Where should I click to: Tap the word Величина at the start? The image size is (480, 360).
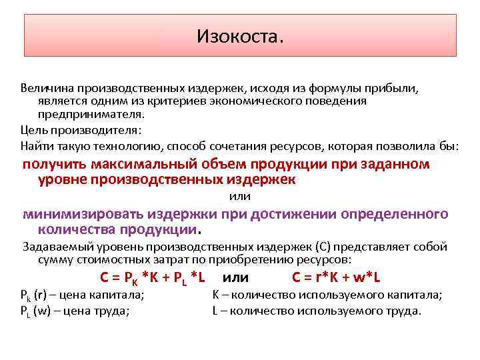click(x=45, y=88)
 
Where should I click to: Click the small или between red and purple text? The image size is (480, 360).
click(x=239, y=197)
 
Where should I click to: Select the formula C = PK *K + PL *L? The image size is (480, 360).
click(x=152, y=277)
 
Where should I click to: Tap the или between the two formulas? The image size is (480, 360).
click(x=236, y=277)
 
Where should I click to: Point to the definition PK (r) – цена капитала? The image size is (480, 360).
click(x=83, y=295)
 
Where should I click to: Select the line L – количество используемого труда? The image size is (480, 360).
click(x=317, y=311)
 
